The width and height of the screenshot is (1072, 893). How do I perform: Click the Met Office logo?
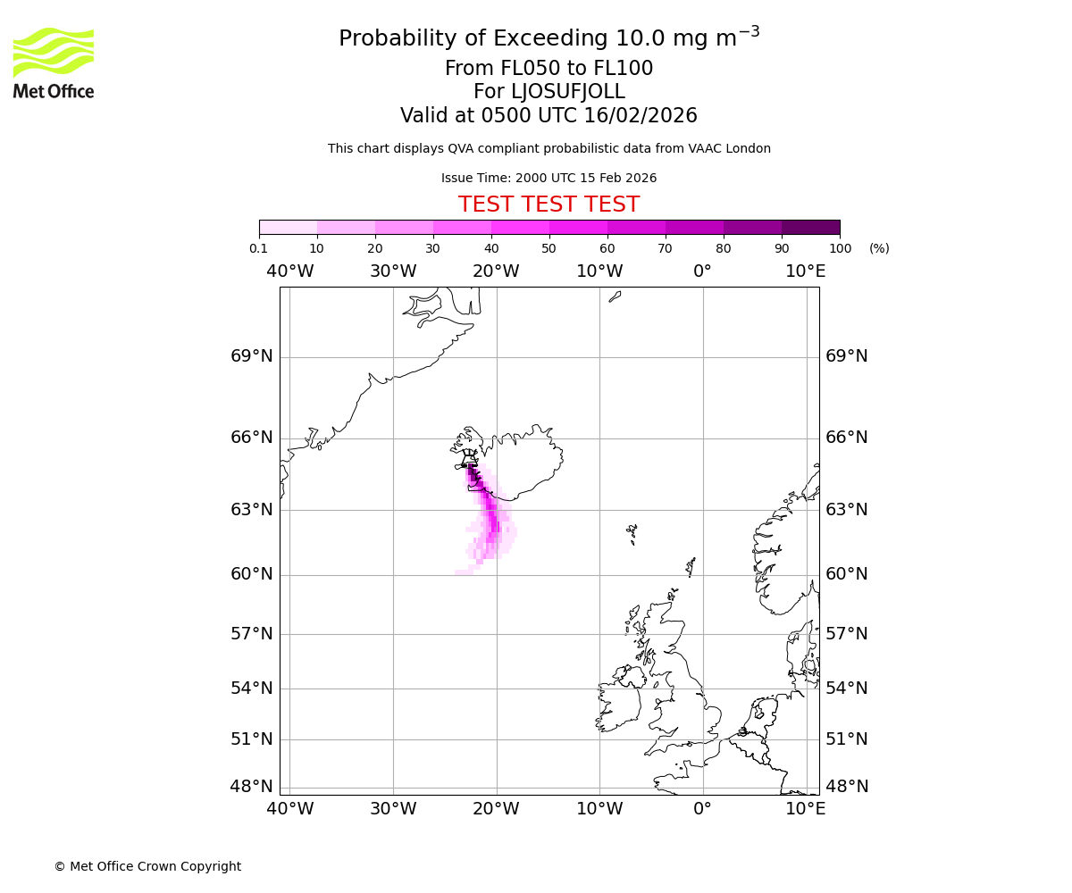tap(54, 63)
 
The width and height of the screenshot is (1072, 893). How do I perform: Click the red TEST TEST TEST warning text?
tap(549, 204)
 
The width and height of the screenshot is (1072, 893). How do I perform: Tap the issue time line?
tap(549, 178)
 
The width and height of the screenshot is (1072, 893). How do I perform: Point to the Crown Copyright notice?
tap(147, 866)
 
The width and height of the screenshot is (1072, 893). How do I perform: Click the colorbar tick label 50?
tap(549, 248)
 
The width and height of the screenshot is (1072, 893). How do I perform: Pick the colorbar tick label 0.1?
tap(258, 248)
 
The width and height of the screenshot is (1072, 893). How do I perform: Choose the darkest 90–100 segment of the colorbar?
tap(810, 227)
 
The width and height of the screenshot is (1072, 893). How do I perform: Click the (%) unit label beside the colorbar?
tap(879, 248)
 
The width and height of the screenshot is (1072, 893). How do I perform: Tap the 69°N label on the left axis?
tap(252, 356)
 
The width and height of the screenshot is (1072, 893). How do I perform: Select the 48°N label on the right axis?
tap(846, 787)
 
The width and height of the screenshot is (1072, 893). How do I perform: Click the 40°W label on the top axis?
tap(289, 271)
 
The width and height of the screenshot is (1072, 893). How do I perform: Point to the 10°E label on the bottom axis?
tap(806, 809)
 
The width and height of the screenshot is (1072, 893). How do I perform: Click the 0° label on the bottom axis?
tap(703, 809)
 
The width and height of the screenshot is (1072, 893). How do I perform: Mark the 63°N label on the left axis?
tap(252, 510)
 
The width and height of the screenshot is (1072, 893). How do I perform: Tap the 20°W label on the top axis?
tap(496, 271)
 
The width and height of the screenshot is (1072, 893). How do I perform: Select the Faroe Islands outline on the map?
tap(632, 533)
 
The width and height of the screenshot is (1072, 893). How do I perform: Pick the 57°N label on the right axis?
tap(846, 634)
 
